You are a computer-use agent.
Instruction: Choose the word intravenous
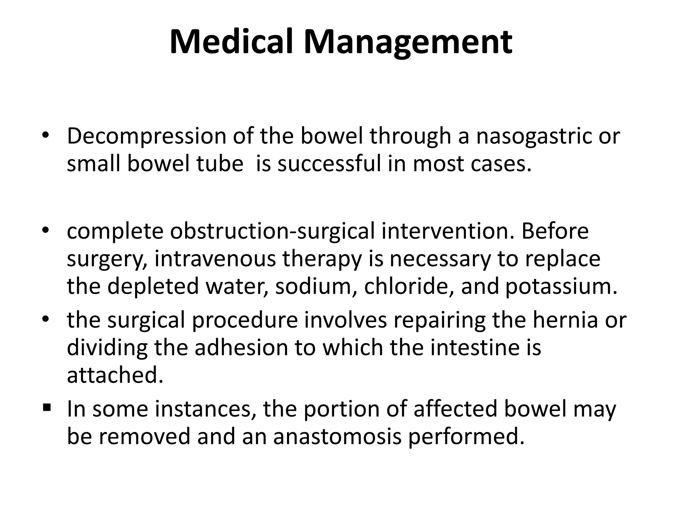(x=215, y=259)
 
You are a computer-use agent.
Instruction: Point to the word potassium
(x=561, y=286)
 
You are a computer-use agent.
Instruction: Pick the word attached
(x=115, y=375)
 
